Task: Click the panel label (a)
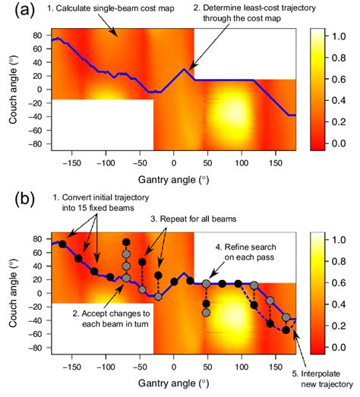(14, 11)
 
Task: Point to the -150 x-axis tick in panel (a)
(71, 162)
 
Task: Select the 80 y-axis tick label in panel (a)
(36, 34)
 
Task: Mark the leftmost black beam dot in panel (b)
(62, 244)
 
